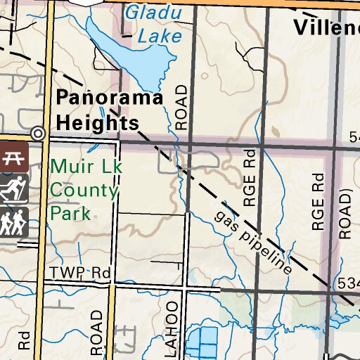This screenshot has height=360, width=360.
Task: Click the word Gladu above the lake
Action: click(x=153, y=13)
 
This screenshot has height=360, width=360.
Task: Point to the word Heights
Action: click(x=97, y=122)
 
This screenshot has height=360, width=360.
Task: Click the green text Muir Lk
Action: click(x=83, y=168)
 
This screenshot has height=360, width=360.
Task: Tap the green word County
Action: click(x=83, y=191)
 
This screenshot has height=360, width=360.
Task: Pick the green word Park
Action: click(x=70, y=213)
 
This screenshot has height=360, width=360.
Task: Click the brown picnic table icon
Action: click(x=13, y=157)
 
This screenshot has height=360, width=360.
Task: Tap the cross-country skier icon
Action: click(x=13, y=189)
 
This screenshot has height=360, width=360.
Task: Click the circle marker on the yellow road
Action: click(x=39, y=133)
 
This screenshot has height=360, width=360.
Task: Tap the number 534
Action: click(x=348, y=283)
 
